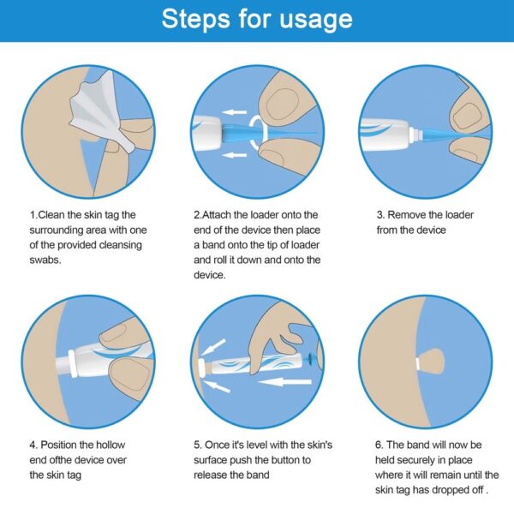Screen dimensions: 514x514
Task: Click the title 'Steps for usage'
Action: pos(257,19)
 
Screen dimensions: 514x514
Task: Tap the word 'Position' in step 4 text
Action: pos(63,445)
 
